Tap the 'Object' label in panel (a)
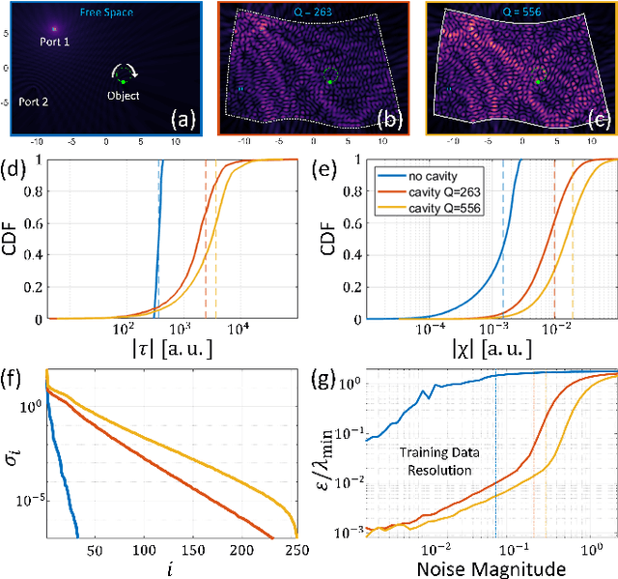[123, 96]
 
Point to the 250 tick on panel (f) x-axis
[289, 550]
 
